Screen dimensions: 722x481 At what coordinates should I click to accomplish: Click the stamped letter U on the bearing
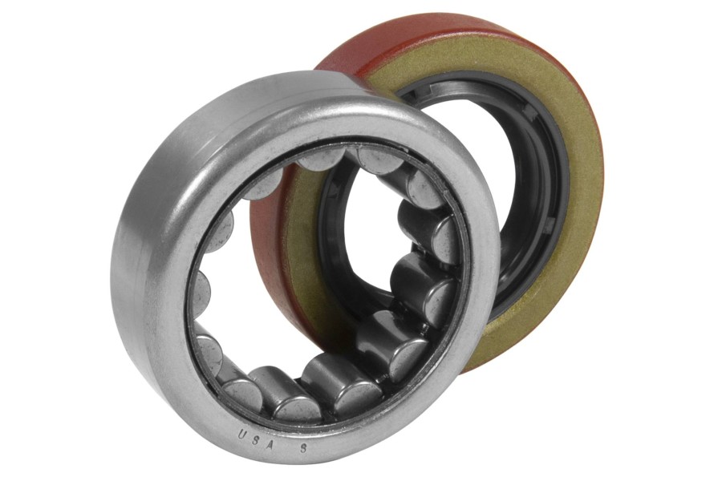tap(241, 434)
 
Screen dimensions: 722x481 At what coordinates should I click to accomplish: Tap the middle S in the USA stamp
tap(257, 439)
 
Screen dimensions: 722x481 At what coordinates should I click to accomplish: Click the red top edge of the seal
tap(460, 26)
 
